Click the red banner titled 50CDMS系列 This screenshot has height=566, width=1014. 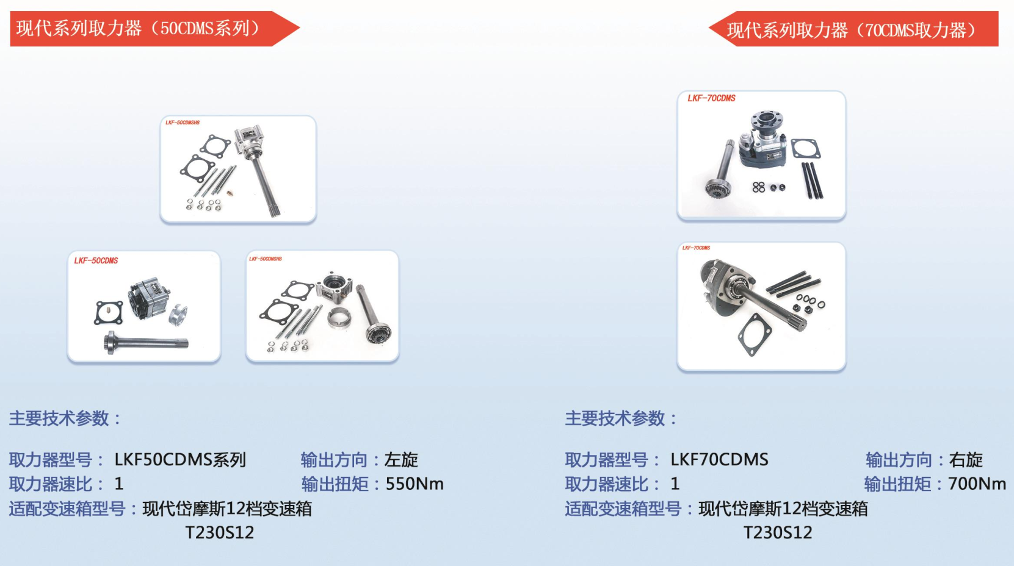pyautogui.click(x=154, y=29)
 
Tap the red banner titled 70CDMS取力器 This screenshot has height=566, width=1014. pyautogui.click(x=854, y=29)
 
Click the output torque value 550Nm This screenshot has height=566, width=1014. pyautogui.click(x=414, y=484)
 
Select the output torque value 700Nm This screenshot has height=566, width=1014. pyautogui.click(x=977, y=484)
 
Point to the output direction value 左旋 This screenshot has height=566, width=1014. pyautogui.click(x=401, y=460)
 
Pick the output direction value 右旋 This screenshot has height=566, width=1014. pyautogui.click(x=966, y=460)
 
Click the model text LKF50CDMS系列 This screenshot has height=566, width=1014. pyautogui.click(x=180, y=460)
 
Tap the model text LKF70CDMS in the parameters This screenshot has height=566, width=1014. pyautogui.click(x=719, y=460)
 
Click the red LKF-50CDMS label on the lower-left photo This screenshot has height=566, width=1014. pyautogui.click(x=96, y=260)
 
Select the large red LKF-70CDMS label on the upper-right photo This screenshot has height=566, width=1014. pyautogui.click(x=711, y=98)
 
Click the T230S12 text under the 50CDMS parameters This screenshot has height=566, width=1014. pyautogui.click(x=220, y=532)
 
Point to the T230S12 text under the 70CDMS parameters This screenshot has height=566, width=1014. pyautogui.click(x=778, y=532)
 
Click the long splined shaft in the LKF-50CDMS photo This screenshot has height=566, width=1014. pyautogui.click(x=146, y=343)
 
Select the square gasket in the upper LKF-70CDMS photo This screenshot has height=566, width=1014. pyautogui.click(x=806, y=148)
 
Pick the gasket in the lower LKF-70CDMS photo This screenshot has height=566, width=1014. pyautogui.click(x=754, y=334)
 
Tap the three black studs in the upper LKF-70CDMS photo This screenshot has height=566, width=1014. pyautogui.click(x=813, y=181)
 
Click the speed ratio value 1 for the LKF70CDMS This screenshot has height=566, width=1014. pyautogui.click(x=675, y=484)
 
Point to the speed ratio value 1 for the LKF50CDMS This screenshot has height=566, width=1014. pyautogui.click(x=119, y=484)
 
